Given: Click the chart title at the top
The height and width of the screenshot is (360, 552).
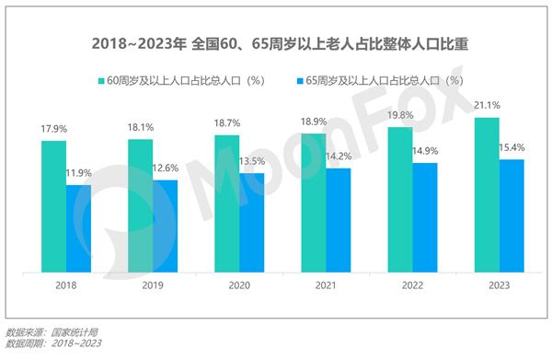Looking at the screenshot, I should (x=276, y=43).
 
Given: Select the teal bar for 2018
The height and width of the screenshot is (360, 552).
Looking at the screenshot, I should (x=53, y=206).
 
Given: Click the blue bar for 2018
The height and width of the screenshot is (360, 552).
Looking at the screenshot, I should (x=78, y=228).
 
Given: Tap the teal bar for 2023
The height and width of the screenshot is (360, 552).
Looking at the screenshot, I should (x=487, y=195).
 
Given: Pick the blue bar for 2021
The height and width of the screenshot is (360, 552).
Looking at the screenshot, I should (x=339, y=220).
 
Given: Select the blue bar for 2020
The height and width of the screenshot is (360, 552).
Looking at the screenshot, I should (x=251, y=223).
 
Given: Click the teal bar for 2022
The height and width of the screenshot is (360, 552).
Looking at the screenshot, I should (x=400, y=200).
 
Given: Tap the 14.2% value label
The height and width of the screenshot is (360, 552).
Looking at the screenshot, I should (x=339, y=157).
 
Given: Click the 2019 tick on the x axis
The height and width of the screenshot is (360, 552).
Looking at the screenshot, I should (x=153, y=287).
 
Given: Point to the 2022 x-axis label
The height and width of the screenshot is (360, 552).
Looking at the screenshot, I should (x=412, y=287).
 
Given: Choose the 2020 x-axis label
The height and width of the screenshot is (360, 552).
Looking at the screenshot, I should (x=239, y=287).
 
